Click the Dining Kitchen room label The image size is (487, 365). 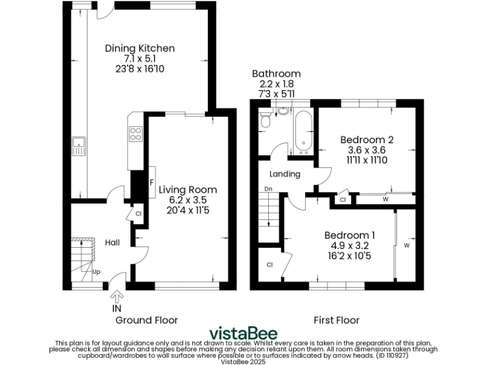pos(140,49)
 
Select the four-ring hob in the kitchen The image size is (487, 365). pos(136,134)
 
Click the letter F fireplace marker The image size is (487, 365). pos(152,183)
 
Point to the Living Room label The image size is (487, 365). pos(188,189)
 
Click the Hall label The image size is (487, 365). pos(112,243)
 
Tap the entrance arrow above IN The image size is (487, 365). pos(117,295)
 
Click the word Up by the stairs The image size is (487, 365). pos(96,272)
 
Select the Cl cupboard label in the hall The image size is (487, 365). pos(138,215)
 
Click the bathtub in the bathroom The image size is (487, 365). pos(302,133)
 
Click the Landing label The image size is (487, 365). pos(285,174)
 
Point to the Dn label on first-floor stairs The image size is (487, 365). pos(268,189)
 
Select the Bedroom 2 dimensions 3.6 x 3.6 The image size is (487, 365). pos(367,150)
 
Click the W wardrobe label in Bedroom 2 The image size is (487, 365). pos(386,200)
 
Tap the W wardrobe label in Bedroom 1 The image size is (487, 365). pos(406,245)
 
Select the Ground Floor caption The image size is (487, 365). pos(146,320)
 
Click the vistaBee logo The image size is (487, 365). pos(243,333)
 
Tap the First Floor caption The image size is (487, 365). pos(336,320)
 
